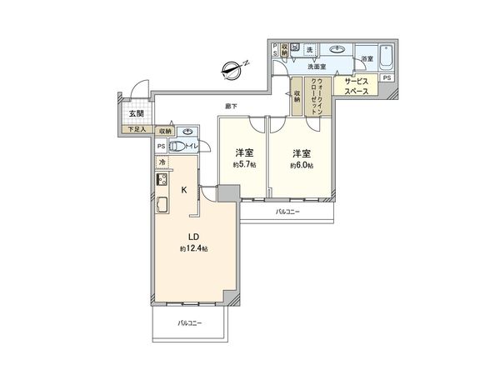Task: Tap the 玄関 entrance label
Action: (136, 115)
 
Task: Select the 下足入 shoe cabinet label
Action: (136, 130)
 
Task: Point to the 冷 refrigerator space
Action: (162, 162)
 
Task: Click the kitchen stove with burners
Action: (162, 180)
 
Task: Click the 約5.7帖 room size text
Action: (243, 166)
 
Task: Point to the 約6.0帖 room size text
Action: (301, 166)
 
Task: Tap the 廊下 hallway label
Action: (231, 106)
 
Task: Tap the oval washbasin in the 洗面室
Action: (337, 49)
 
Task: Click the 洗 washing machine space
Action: (309, 49)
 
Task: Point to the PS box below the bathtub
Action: (387, 77)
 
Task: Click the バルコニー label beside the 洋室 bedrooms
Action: (287, 213)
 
